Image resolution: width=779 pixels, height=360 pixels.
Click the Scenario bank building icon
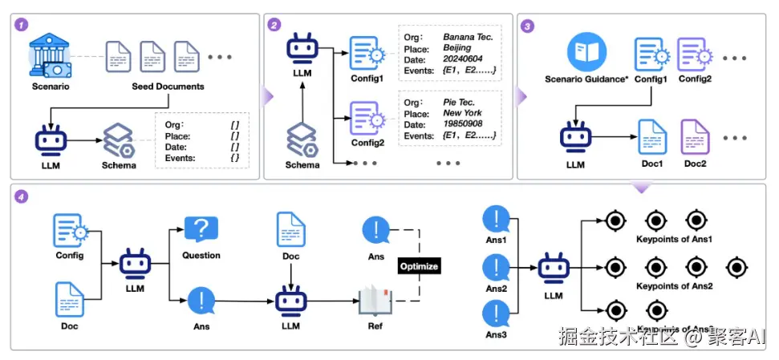pos(51,55)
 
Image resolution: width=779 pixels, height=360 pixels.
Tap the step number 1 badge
pos(22,25)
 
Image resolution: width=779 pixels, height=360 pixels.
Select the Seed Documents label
pos(168,86)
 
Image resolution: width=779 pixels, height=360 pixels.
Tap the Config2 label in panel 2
pos(368,142)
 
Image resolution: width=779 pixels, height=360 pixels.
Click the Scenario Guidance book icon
pos(585,53)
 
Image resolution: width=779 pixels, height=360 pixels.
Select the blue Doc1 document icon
pos(651,136)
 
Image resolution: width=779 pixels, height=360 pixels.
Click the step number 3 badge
pos(527,25)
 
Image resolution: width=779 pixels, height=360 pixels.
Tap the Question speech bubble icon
pos(201,229)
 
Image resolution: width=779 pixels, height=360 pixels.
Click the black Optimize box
pos(419,265)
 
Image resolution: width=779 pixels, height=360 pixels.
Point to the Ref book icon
pos(375,301)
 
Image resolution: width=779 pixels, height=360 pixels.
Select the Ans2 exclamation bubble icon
pos(497,267)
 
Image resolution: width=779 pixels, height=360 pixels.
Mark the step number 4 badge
pos(22,196)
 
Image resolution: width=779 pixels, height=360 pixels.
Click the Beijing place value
pos(460,48)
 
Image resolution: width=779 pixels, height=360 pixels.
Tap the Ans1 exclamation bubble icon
pos(497,219)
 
